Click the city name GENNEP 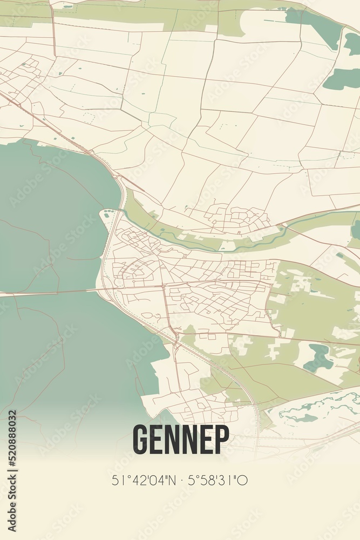(180, 439)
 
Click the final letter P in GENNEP (221, 439)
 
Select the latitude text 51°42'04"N (143, 480)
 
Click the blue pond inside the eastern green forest (319, 358)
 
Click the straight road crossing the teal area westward (49, 293)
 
